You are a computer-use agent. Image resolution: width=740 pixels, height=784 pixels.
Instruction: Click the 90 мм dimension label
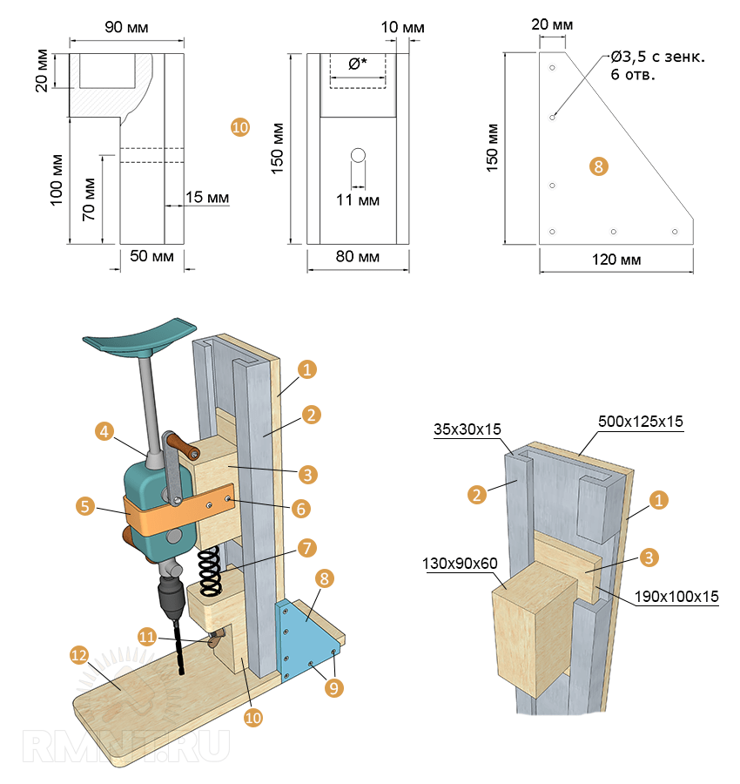point(126,28)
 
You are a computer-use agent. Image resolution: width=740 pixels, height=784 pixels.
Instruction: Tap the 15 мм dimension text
point(207,198)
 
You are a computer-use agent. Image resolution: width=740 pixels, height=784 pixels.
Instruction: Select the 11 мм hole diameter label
point(358,199)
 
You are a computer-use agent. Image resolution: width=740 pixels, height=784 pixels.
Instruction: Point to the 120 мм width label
point(616,260)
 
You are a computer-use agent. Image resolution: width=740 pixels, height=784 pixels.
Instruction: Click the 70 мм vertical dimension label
point(89,199)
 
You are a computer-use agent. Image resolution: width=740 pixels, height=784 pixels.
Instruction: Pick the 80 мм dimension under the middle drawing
point(358,258)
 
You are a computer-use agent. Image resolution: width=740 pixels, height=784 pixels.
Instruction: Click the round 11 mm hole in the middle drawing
point(358,155)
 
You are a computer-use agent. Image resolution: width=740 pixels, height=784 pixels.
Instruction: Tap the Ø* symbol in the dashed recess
point(357,64)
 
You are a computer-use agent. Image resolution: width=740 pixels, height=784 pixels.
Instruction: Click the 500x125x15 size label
point(641,421)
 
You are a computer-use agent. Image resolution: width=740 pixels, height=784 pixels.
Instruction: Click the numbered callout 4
point(104,431)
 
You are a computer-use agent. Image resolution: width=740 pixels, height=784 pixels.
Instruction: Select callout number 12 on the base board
point(79,654)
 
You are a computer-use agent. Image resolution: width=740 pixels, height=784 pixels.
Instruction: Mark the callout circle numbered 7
point(305,548)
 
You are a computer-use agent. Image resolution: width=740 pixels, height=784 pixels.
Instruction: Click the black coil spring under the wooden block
point(209,571)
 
